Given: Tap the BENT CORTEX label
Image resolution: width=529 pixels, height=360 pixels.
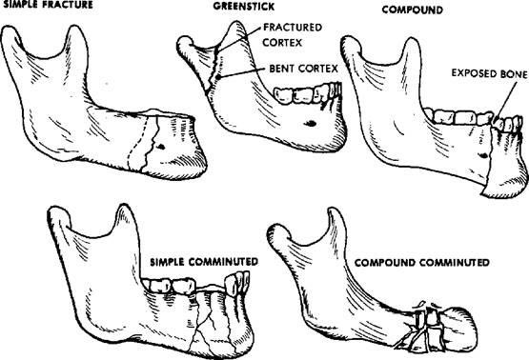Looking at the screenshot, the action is pyautogui.click(x=290, y=71).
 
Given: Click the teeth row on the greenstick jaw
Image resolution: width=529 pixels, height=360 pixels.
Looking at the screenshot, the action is pyautogui.click(x=301, y=93).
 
